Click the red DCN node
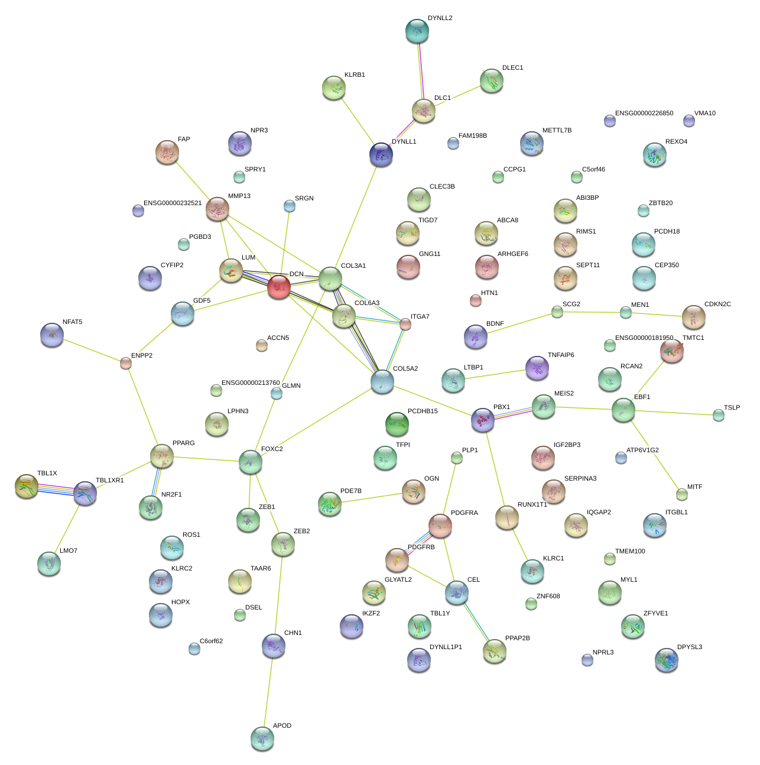278,287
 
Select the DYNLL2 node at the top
417,31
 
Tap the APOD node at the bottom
262,738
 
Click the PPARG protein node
161,456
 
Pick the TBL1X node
27,486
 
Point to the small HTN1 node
476,300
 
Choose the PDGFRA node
440,526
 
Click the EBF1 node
623,410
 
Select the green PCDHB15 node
397,424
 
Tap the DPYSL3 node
667,660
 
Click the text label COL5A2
405,369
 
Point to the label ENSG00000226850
644,114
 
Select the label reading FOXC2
272,449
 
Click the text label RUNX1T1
532,505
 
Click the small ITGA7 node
405,324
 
